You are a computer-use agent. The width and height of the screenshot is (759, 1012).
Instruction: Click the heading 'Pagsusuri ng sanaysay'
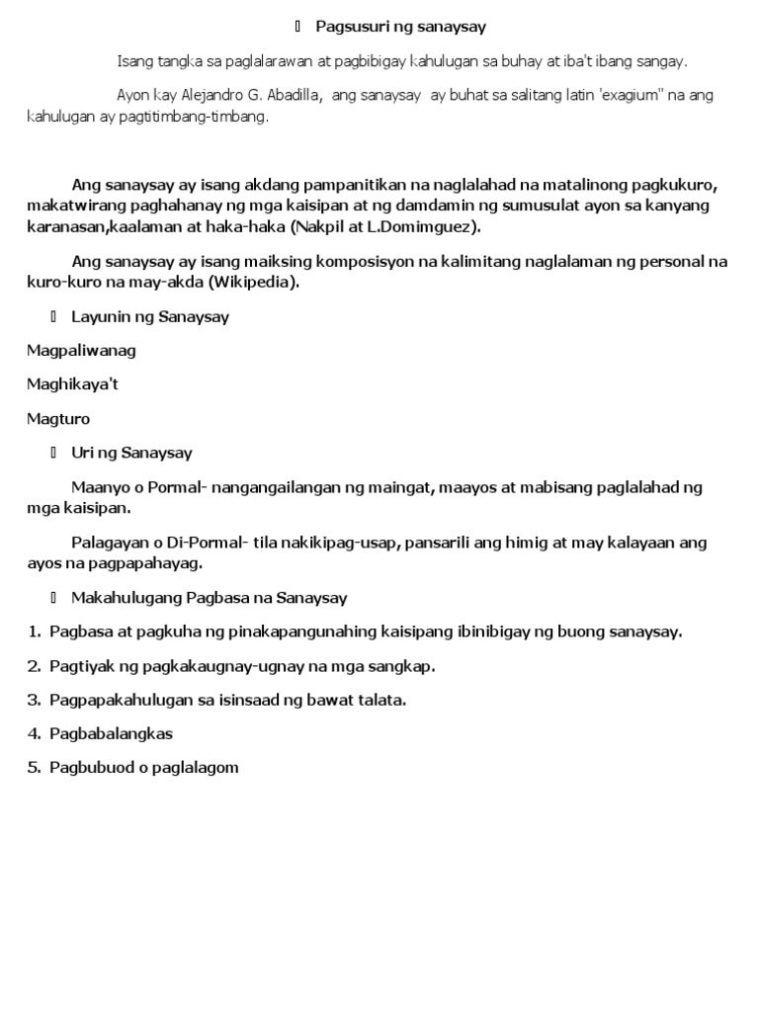pyautogui.click(x=400, y=26)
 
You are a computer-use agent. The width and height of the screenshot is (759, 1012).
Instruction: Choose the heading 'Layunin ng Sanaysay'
pyautogui.click(x=150, y=317)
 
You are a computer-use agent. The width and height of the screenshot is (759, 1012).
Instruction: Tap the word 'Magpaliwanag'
pyautogui.click(x=81, y=351)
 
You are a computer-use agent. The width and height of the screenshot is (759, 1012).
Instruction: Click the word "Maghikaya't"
pyautogui.click(x=79, y=384)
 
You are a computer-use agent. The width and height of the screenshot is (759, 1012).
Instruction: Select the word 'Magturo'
pyautogui.click(x=58, y=419)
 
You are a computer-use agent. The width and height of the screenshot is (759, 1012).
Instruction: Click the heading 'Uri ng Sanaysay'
pyautogui.click(x=131, y=453)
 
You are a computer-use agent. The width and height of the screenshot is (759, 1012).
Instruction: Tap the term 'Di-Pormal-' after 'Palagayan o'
pyautogui.click(x=188, y=543)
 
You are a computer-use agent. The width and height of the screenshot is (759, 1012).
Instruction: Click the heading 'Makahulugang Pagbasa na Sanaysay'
pyautogui.click(x=209, y=598)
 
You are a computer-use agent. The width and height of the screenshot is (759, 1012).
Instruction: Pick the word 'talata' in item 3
pyautogui.click(x=382, y=700)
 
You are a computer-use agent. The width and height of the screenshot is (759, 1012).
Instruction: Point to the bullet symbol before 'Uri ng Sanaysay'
pyautogui.click(x=53, y=453)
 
